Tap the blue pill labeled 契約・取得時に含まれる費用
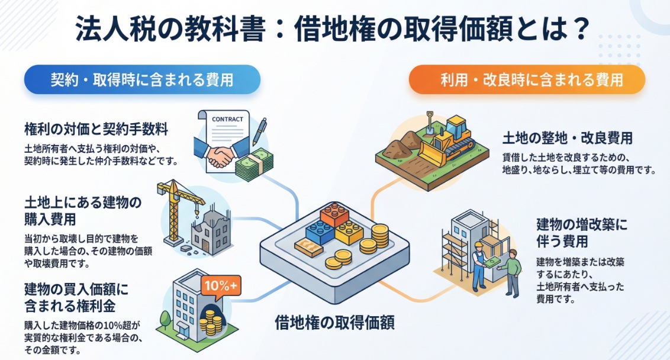coord(141,80)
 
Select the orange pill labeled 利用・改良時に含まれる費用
coord(526,80)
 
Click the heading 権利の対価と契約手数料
coord(96,128)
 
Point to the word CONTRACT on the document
coord(227,119)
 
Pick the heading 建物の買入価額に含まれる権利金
coord(77,298)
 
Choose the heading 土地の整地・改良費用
coord(567,139)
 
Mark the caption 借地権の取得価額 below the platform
coord(334,323)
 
